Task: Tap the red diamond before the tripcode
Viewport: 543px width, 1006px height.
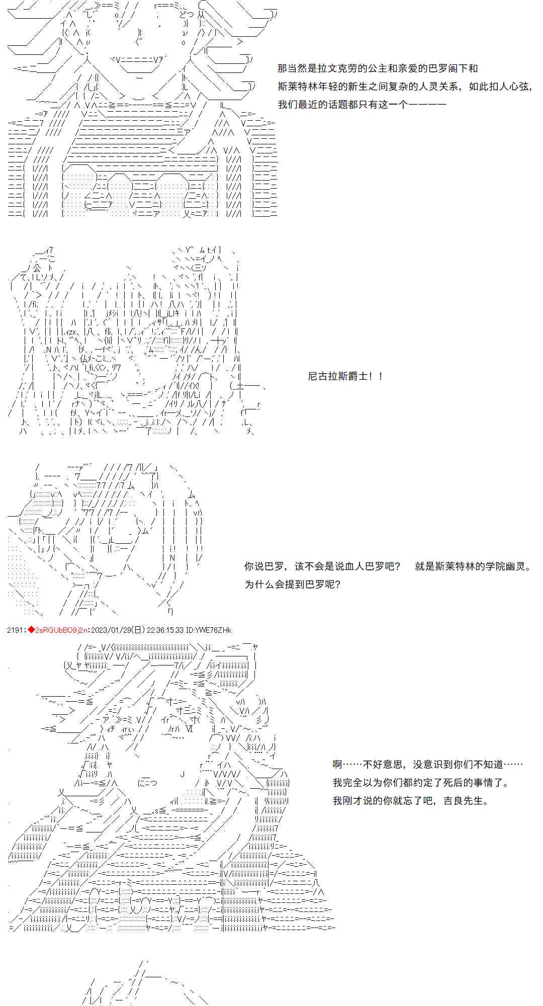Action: [x=31, y=630]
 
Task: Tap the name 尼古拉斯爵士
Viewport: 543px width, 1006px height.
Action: [x=338, y=376]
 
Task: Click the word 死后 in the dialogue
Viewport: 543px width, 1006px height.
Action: [x=445, y=782]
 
